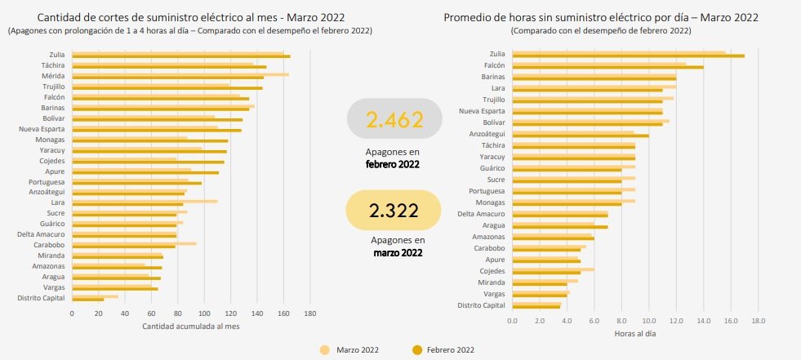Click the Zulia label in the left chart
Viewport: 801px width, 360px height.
(56, 54)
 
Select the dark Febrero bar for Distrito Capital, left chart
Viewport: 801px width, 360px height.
(88, 300)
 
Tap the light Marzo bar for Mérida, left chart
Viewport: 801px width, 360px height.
(180, 74)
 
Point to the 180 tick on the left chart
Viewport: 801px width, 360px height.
(310, 313)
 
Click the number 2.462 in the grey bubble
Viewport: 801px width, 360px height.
(395, 119)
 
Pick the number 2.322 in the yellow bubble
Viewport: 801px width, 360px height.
(394, 211)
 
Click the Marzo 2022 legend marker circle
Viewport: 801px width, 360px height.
(324, 350)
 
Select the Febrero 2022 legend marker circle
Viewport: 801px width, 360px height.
(417, 350)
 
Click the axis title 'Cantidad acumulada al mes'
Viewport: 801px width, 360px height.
(190, 327)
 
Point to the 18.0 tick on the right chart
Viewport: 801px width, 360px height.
(758, 320)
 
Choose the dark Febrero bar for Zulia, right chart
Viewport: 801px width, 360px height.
(629, 56)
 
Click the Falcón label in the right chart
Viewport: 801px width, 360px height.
(494, 64)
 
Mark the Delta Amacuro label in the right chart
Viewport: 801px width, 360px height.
(481, 214)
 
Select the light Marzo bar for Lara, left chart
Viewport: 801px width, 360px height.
(145, 201)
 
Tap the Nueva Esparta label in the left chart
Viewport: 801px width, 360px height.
(42, 129)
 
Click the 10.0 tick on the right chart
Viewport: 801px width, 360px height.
(649, 320)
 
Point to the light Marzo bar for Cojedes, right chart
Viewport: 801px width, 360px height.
(554, 269)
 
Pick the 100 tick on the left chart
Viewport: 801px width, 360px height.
(204, 313)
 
